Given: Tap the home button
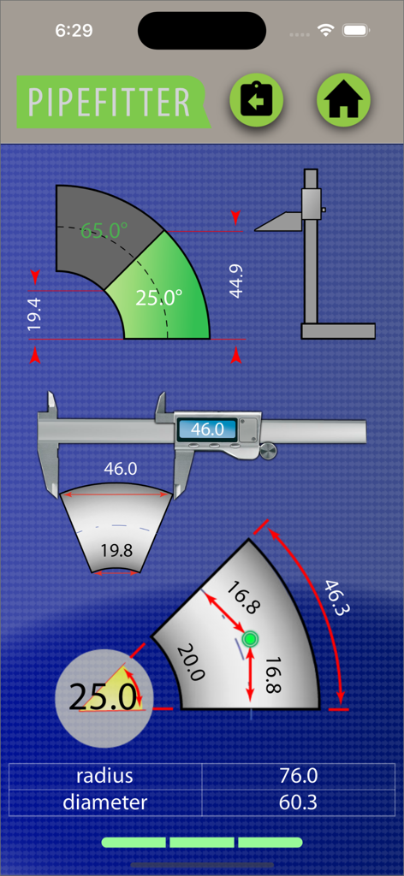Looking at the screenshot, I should pos(343,101).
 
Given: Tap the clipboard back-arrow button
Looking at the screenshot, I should pos(256,101).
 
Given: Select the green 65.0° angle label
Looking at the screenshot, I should pos(104,230).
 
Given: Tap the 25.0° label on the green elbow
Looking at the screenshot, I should pos(159,298).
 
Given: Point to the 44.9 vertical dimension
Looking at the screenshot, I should pos(236,280).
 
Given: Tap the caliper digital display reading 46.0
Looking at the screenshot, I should pos(206,429).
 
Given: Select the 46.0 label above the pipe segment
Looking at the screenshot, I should pos(120,469).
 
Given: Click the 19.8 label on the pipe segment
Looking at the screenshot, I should pos(116,550).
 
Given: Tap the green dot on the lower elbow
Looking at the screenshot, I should pos(250,639).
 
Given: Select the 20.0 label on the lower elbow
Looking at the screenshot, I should pos(190,662).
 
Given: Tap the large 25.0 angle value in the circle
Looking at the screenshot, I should pos(103,697).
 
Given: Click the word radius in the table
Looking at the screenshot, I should pos(104,776).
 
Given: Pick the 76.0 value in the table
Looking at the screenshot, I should pos(299,776).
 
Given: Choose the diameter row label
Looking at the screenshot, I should pos(104,802).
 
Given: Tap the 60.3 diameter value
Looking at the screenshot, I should pos(299,802).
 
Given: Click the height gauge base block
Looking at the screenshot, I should pos(338,331).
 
